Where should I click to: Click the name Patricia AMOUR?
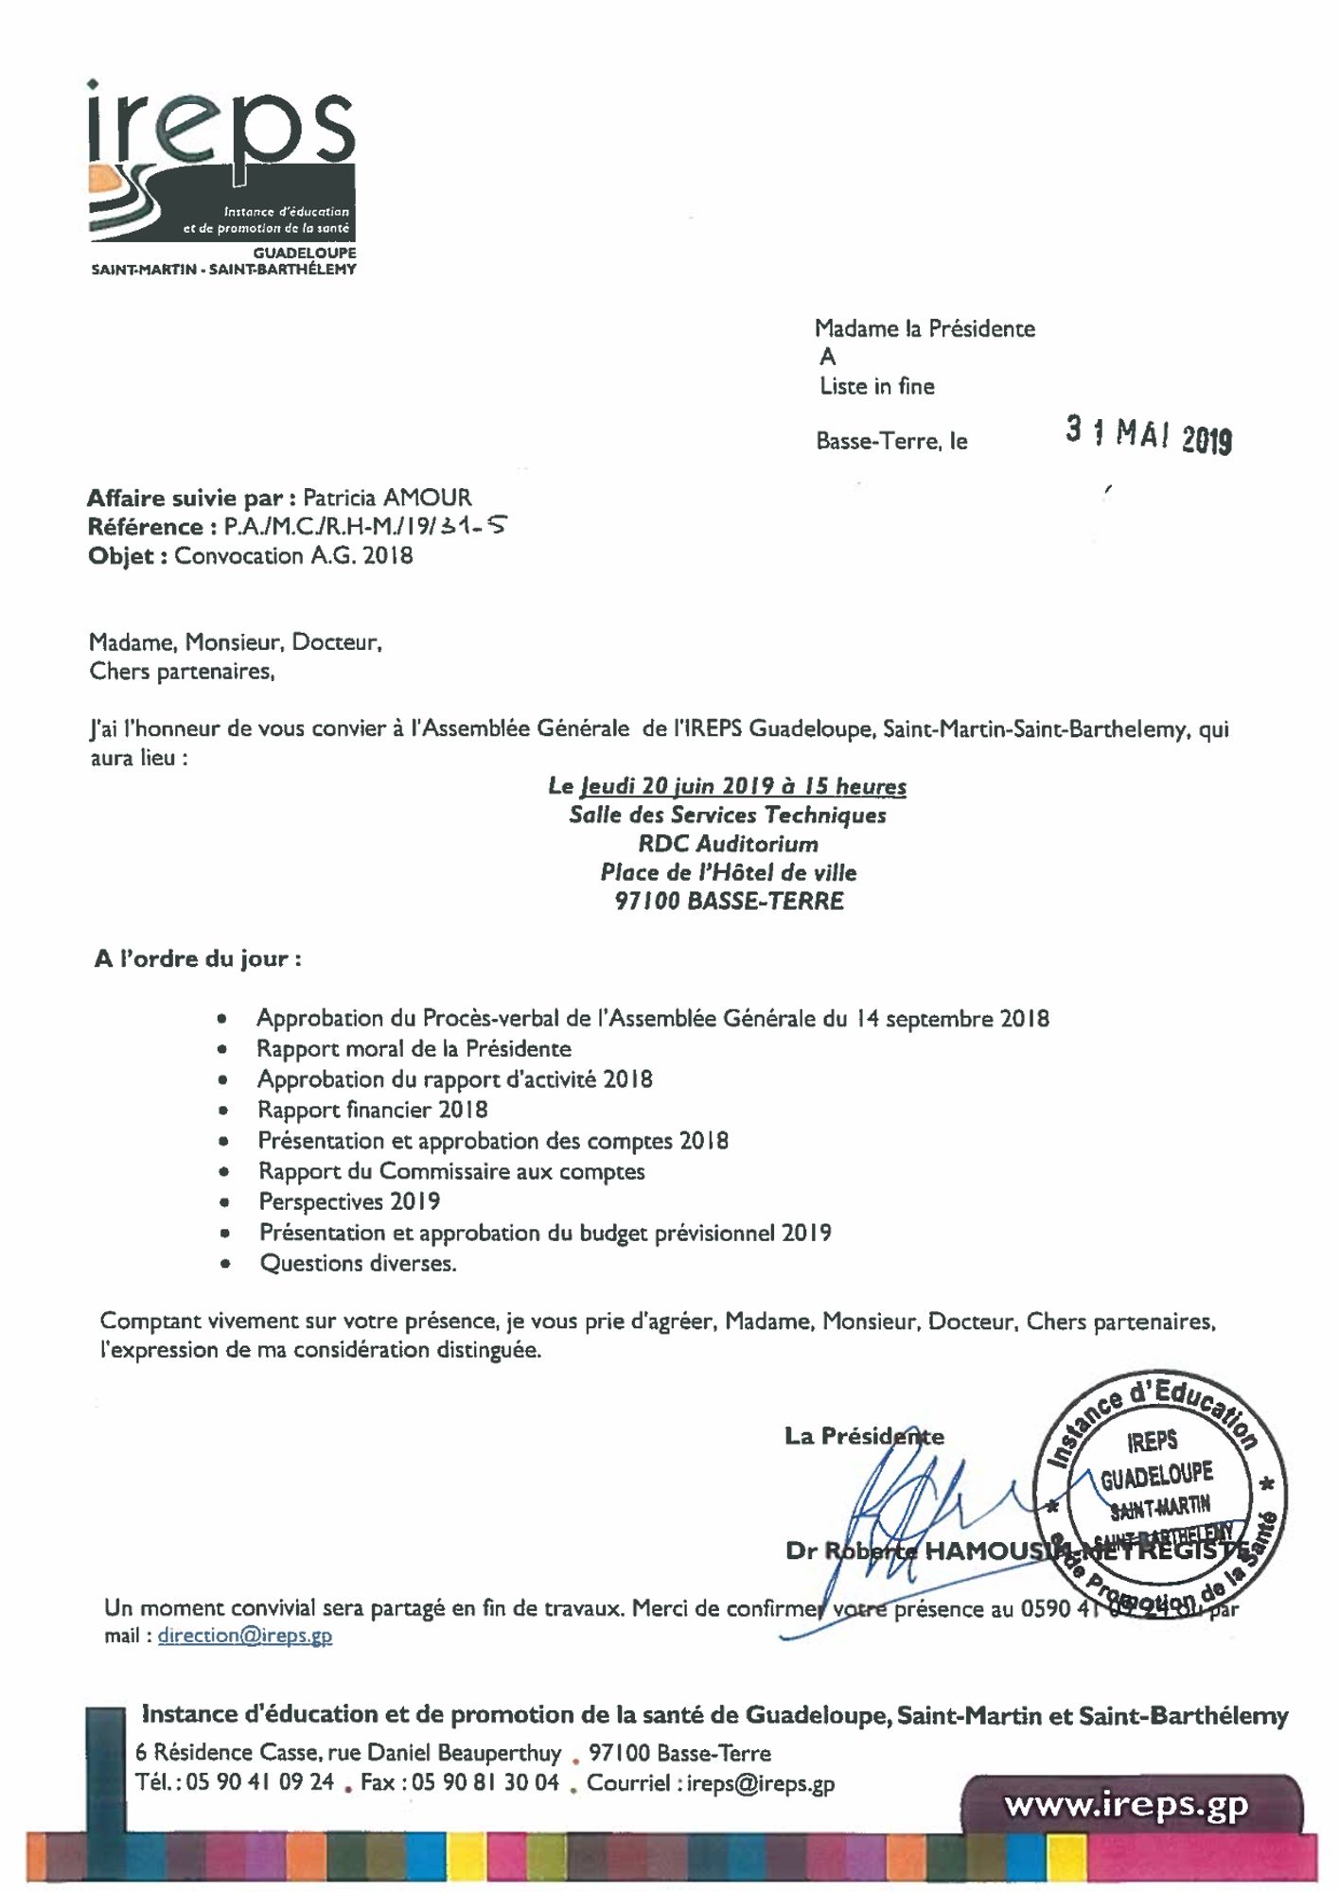point(386,498)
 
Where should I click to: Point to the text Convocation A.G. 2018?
point(293,555)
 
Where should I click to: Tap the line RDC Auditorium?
point(728,844)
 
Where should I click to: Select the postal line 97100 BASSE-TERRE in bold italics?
point(729,902)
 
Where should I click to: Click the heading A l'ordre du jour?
point(198,959)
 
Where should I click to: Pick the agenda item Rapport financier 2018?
point(372,1110)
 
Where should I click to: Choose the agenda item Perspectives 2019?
point(349,1201)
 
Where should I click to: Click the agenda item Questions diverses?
point(358,1263)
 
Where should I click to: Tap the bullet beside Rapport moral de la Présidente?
point(221,1049)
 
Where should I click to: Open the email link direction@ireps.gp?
point(245,1636)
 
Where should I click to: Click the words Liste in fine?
point(876,386)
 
